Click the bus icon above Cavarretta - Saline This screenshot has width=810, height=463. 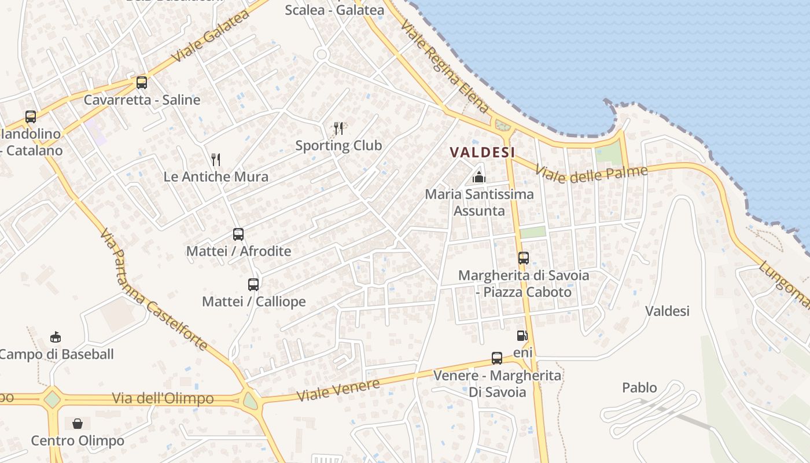(142, 82)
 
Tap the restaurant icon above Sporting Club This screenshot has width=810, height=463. (338, 128)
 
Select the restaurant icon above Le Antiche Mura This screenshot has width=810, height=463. (216, 159)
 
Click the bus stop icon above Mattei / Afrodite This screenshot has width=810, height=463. (238, 234)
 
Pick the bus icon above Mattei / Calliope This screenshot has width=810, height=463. (253, 284)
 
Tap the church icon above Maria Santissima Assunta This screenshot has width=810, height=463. (479, 177)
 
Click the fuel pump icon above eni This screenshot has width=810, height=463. (522, 335)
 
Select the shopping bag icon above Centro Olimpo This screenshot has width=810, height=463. (78, 424)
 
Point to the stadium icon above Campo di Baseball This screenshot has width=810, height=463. (56, 337)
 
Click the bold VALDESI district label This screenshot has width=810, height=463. (483, 152)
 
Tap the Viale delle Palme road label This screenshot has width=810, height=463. (591, 172)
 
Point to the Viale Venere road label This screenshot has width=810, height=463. (338, 390)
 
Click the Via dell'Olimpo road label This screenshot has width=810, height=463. (163, 399)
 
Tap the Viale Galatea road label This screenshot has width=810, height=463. (211, 36)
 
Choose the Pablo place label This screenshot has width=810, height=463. (639, 387)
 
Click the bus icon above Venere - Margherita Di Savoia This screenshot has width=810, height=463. (497, 358)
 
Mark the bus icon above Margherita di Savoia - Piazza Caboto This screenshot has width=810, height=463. (524, 258)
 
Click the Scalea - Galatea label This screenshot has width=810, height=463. (334, 10)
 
